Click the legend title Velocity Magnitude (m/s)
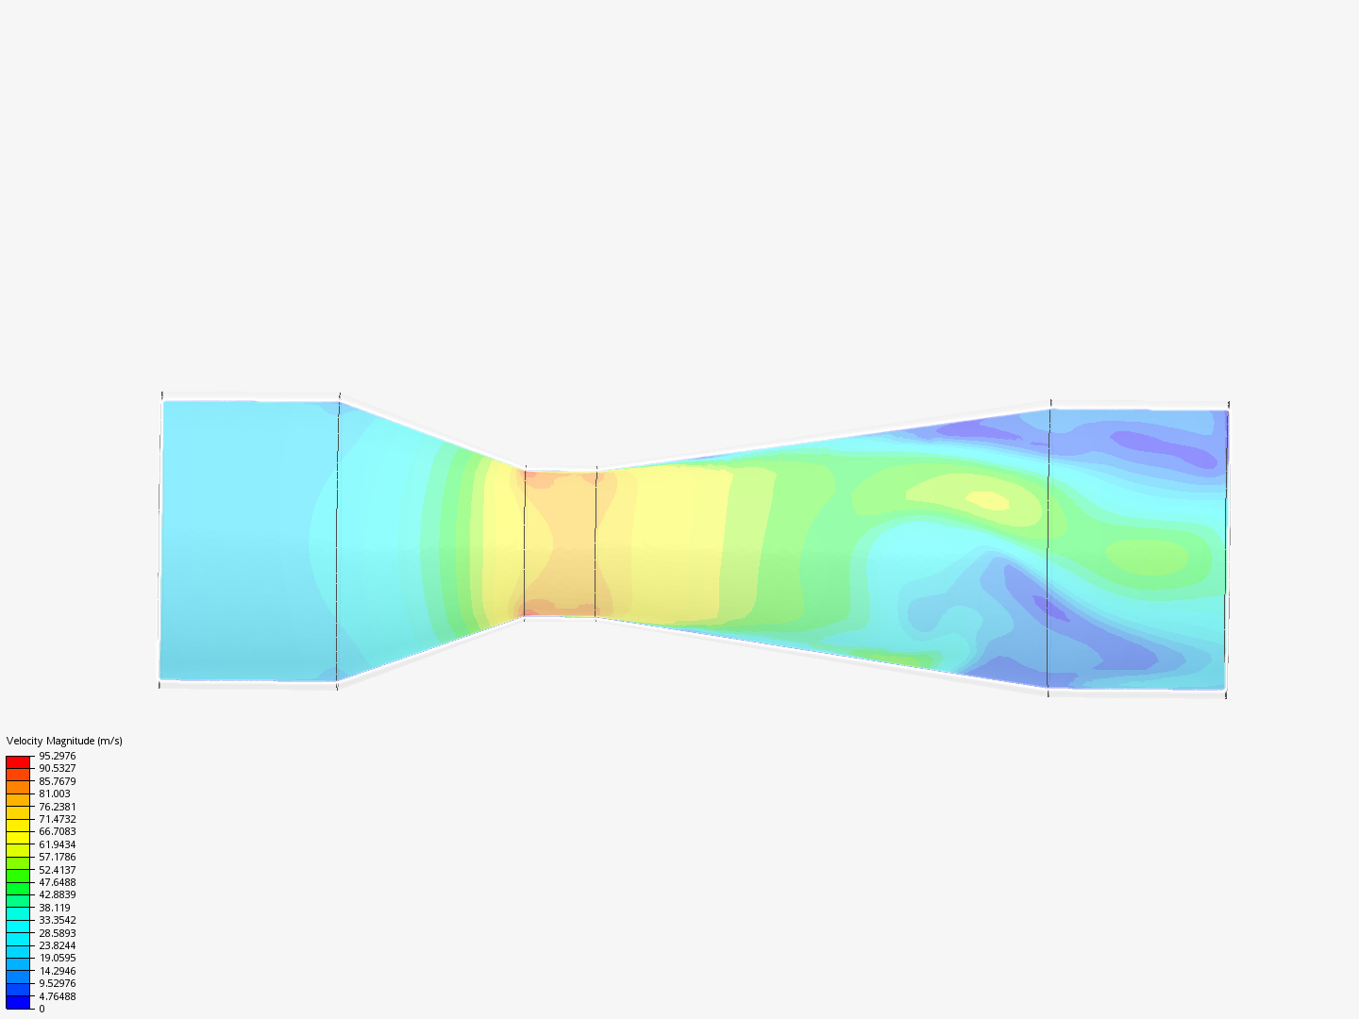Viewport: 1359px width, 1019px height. (x=64, y=741)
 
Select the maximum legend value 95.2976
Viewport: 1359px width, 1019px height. (x=57, y=756)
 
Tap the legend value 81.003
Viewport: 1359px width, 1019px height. (x=54, y=793)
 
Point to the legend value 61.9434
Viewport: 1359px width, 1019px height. (x=57, y=844)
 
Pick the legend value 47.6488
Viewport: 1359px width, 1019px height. (x=57, y=882)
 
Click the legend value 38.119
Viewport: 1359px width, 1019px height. (x=54, y=908)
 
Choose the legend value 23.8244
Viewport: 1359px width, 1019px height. (x=57, y=945)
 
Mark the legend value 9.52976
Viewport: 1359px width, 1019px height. (x=57, y=983)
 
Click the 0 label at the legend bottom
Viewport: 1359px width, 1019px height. (x=42, y=1009)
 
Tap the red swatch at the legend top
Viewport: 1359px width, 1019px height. (x=18, y=761)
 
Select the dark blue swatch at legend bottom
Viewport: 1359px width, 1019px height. (x=18, y=1002)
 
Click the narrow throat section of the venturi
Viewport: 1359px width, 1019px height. (x=561, y=543)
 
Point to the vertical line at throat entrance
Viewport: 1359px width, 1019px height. (x=525, y=543)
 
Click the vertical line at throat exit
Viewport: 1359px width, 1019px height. (x=596, y=543)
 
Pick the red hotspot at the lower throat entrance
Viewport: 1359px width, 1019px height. (x=538, y=608)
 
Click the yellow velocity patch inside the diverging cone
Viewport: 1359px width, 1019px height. (x=987, y=500)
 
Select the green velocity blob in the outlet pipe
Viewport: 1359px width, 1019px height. (x=1147, y=557)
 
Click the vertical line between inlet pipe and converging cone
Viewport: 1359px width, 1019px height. (x=338, y=540)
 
